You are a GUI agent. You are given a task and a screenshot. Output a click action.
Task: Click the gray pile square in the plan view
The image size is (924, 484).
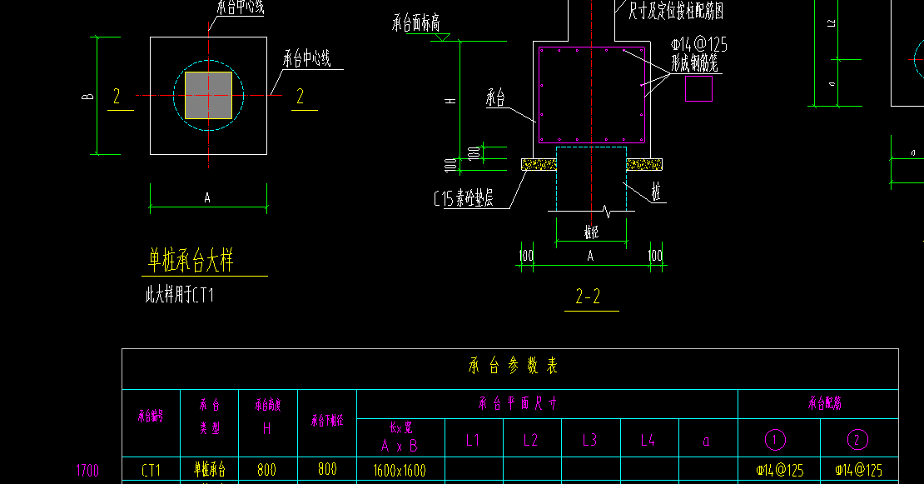(x=208, y=96)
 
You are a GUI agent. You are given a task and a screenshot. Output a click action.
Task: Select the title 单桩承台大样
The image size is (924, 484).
(x=191, y=261)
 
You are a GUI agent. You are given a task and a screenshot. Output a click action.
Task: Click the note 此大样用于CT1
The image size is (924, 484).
(x=180, y=295)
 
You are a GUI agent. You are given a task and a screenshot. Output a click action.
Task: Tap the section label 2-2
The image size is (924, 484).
(x=588, y=296)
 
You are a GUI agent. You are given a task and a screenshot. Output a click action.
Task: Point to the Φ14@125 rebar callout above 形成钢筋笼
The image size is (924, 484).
(x=698, y=44)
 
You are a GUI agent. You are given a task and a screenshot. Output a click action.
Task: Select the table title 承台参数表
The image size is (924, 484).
(x=513, y=366)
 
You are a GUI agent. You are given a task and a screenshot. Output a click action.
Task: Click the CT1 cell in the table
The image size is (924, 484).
(x=151, y=470)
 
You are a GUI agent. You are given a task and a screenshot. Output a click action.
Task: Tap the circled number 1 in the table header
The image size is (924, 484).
(x=775, y=440)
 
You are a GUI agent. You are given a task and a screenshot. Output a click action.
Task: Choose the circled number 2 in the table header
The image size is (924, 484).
(x=857, y=440)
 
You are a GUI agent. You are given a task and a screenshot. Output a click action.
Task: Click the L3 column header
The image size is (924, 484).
(x=589, y=441)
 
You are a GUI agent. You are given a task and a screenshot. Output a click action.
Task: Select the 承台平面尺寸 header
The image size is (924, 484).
(x=517, y=404)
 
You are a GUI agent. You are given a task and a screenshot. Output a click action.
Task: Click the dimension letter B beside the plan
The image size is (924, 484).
(x=87, y=97)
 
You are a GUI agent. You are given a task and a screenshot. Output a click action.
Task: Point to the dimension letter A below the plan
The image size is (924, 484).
(x=207, y=197)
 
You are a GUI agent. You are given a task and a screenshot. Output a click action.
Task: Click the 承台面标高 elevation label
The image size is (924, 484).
(x=415, y=23)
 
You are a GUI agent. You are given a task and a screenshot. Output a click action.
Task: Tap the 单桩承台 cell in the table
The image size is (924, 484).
(x=210, y=470)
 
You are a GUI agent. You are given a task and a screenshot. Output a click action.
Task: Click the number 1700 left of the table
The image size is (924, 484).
(x=87, y=471)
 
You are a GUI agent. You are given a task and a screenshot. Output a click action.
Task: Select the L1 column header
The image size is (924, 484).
(x=473, y=441)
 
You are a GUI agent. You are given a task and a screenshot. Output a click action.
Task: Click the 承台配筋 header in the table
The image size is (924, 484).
(x=824, y=404)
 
